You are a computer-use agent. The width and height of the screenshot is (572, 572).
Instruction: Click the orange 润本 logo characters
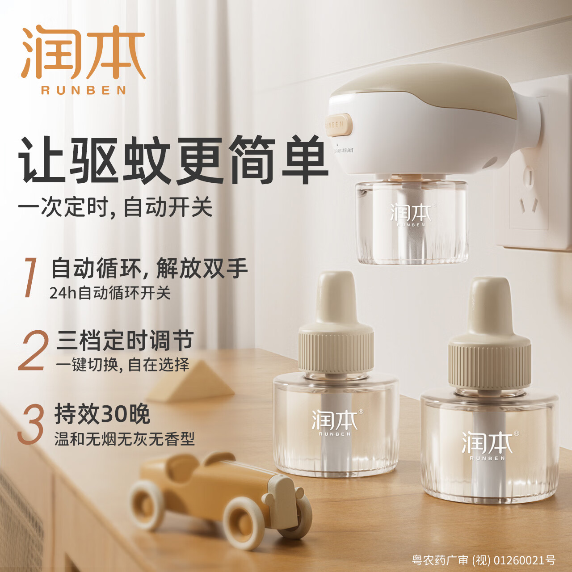84,52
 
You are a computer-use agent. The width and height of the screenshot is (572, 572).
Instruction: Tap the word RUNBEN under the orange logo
84,90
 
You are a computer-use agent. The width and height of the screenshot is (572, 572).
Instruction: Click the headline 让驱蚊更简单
173,160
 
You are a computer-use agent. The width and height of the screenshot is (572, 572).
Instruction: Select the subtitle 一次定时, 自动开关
115,207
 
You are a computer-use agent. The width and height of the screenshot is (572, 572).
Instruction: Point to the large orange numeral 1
30,277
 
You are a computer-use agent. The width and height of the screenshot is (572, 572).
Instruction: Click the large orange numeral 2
34,351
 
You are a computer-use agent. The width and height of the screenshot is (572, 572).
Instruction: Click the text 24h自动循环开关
110,293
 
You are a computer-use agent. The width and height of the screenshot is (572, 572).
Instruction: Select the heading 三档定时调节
125,341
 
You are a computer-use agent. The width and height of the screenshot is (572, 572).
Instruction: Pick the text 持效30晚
102,414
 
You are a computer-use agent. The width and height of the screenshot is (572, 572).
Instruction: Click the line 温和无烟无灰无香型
125,439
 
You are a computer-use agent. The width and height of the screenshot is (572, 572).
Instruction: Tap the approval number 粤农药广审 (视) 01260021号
484,560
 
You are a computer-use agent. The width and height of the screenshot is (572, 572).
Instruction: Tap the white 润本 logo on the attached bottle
410,214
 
